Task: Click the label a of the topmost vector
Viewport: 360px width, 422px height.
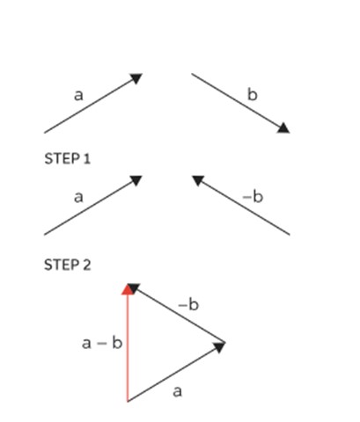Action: click(x=78, y=96)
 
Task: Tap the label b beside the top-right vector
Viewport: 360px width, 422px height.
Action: click(x=253, y=94)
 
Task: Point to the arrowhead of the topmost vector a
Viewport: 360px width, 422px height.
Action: click(x=136, y=78)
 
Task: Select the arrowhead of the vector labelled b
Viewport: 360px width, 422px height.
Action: click(x=283, y=128)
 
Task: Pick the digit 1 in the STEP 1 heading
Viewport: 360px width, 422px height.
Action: click(x=86, y=159)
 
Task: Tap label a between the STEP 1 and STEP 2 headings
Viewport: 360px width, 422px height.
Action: click(x=78, y=197)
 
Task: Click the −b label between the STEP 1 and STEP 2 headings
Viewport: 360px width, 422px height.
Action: click(x=253, y=196)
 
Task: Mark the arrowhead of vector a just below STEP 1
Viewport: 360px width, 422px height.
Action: click(x=136, y=180)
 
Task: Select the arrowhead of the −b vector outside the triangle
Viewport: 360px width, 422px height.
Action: click(x=198, y=180)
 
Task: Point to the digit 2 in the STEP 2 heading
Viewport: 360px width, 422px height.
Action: click(x=87, y=265)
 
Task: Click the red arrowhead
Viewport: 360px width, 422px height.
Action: click(x=127, y=289)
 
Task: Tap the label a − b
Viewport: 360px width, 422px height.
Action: click(x=102, y=343)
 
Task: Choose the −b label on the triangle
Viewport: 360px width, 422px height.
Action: click(x=188, y=304)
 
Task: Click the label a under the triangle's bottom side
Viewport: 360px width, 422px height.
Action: click(x=178, y=391)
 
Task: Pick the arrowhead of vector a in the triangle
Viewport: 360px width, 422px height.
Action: click(x=219, y=347)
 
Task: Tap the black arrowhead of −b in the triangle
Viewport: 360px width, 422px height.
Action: click(x=134, y=288)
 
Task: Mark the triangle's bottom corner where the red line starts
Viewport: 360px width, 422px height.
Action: click(x=128, y=402)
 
